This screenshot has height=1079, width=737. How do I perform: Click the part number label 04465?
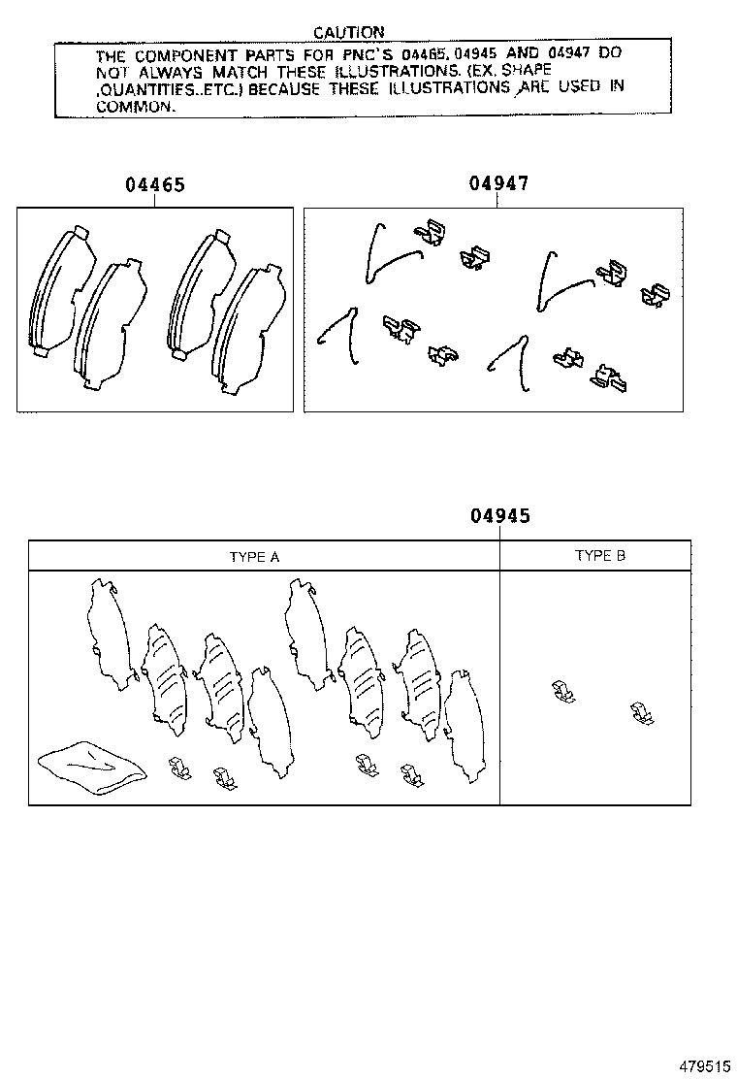(x=155, y=184)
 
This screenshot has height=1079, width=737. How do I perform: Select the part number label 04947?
(x=499, y=183)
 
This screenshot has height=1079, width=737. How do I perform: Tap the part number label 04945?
(x=500, y=515)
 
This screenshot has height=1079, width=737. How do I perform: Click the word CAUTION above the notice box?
(x=348, y=32)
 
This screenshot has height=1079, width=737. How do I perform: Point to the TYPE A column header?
(x=254, y=557)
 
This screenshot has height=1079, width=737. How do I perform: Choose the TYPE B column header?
(x=600, y=555)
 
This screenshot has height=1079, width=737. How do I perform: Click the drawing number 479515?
(x=705, y=1066)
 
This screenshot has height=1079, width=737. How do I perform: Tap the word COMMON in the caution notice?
(x=135, y=107)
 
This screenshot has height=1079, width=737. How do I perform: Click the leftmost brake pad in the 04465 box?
(x=62, y=289)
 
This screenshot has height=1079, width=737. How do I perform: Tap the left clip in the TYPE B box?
(x=563, y=691)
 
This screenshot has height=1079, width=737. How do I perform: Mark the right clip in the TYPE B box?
(x=642, y=713)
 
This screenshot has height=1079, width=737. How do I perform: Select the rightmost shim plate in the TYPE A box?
(x=465, y=726)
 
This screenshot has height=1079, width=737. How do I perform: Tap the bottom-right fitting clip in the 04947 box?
(x=611, y=377)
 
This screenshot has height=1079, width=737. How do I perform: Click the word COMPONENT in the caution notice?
(x=185, y=55)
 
